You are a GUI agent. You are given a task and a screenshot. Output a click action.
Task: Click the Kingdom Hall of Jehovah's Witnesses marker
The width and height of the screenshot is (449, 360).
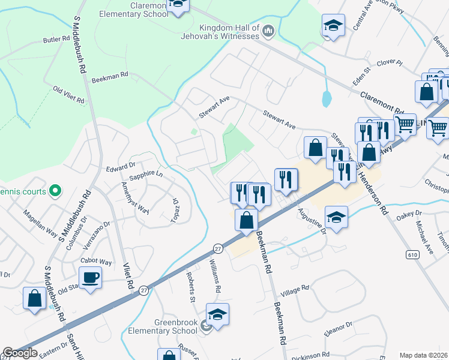click(268, 30)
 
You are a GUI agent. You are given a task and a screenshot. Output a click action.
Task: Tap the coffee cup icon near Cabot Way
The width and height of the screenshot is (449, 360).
click(90, 277)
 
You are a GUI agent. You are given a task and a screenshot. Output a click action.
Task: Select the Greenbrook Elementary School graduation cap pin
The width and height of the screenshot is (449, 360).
click(217, 314)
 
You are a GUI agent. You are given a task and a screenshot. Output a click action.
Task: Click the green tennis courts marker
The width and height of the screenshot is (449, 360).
click(55, 191)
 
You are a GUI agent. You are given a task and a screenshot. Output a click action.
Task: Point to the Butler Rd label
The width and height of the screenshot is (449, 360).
click(56, 40)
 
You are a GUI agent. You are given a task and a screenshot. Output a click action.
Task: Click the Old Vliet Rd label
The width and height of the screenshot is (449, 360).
click(68, 95)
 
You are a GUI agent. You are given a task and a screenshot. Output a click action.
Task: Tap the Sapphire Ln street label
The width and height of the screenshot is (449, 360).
click(146, 175)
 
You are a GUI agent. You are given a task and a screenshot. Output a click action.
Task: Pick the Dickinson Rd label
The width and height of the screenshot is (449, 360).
click(311, 356)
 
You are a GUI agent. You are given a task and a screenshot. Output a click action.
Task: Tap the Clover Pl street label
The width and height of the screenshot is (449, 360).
click(390, 62)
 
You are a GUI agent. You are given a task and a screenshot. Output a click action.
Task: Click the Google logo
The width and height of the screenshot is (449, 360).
click(20, 353)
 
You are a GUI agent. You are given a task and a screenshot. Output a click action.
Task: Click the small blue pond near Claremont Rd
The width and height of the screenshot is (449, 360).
click(326, 98)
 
